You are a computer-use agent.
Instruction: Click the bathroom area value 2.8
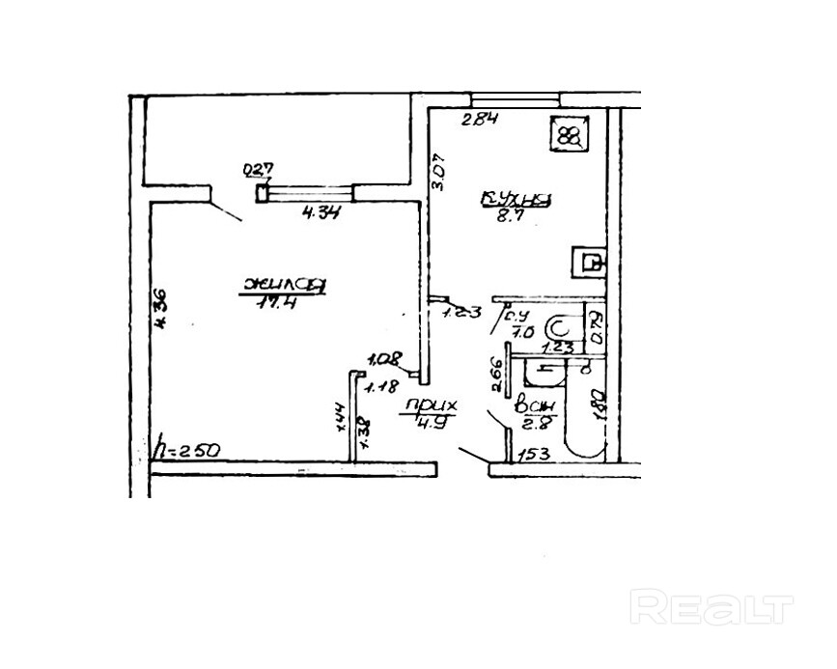click(x=534, y=421)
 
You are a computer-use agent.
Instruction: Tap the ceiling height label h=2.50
click(x=189, y=449)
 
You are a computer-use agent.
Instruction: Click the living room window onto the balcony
click(x=305, y=193)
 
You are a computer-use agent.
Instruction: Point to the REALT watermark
click(x=711, y=608)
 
